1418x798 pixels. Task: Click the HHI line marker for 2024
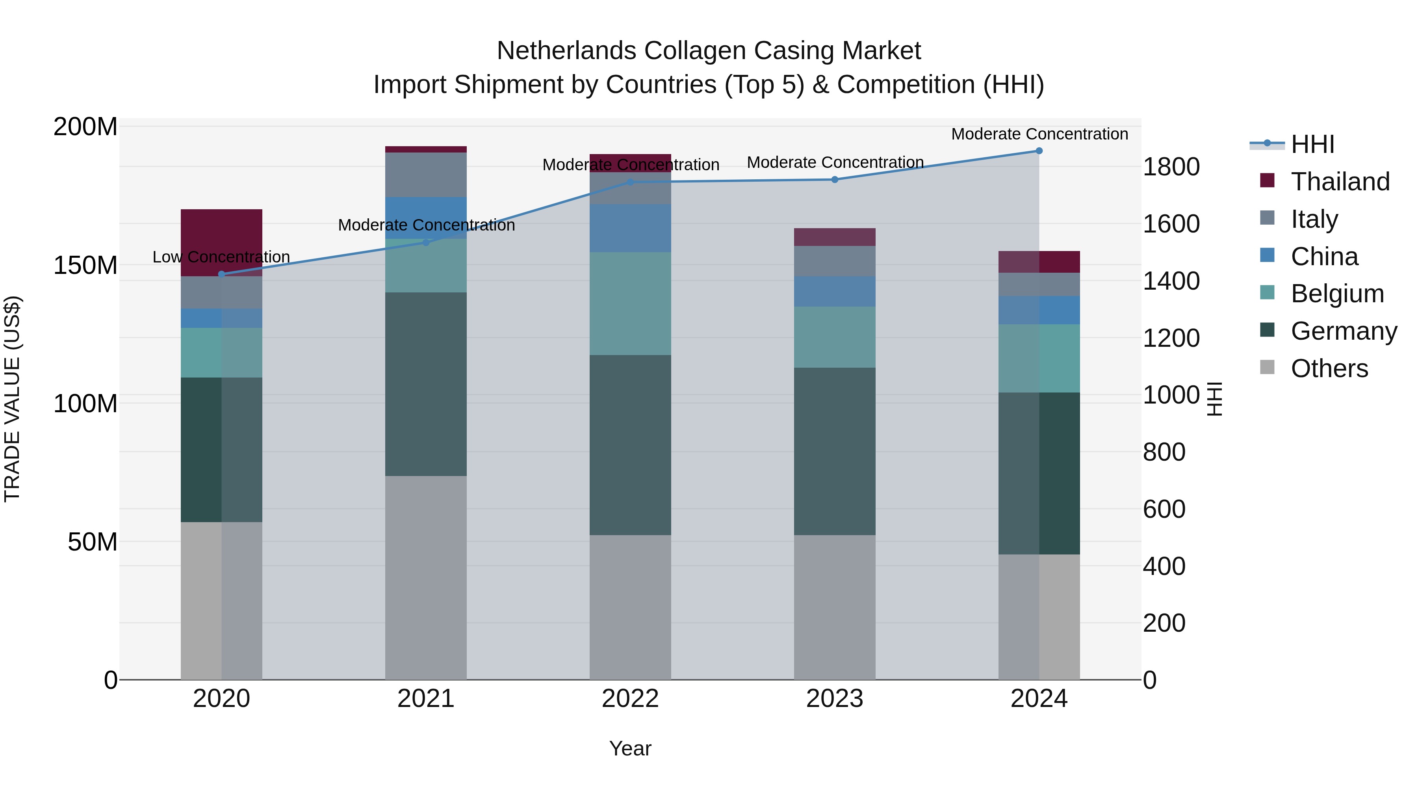tap(1039, 151)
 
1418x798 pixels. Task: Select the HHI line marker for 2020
tap(221, 274)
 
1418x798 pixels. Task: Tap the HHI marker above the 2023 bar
tap(835, 180)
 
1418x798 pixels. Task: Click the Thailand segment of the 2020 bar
tap(221, 242)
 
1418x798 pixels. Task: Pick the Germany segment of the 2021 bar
tap(425, 384)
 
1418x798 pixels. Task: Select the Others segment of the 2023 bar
tap(835, 607)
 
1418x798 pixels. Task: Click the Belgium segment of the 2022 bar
tap(630, 303)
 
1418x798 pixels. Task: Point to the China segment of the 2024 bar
tap(1039, 310)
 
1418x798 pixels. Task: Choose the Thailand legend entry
tap(1340, 182)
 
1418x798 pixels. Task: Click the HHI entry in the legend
tap(1312, 144)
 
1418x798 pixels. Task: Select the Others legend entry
tap(1329, 368)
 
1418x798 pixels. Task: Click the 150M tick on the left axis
tap(85, 266)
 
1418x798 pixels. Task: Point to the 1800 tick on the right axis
tap(1171, 167)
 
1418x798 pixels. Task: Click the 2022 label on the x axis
tap(630, 699)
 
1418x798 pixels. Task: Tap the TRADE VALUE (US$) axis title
tap(12, 399)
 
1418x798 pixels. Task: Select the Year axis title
tap(630, 748)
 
